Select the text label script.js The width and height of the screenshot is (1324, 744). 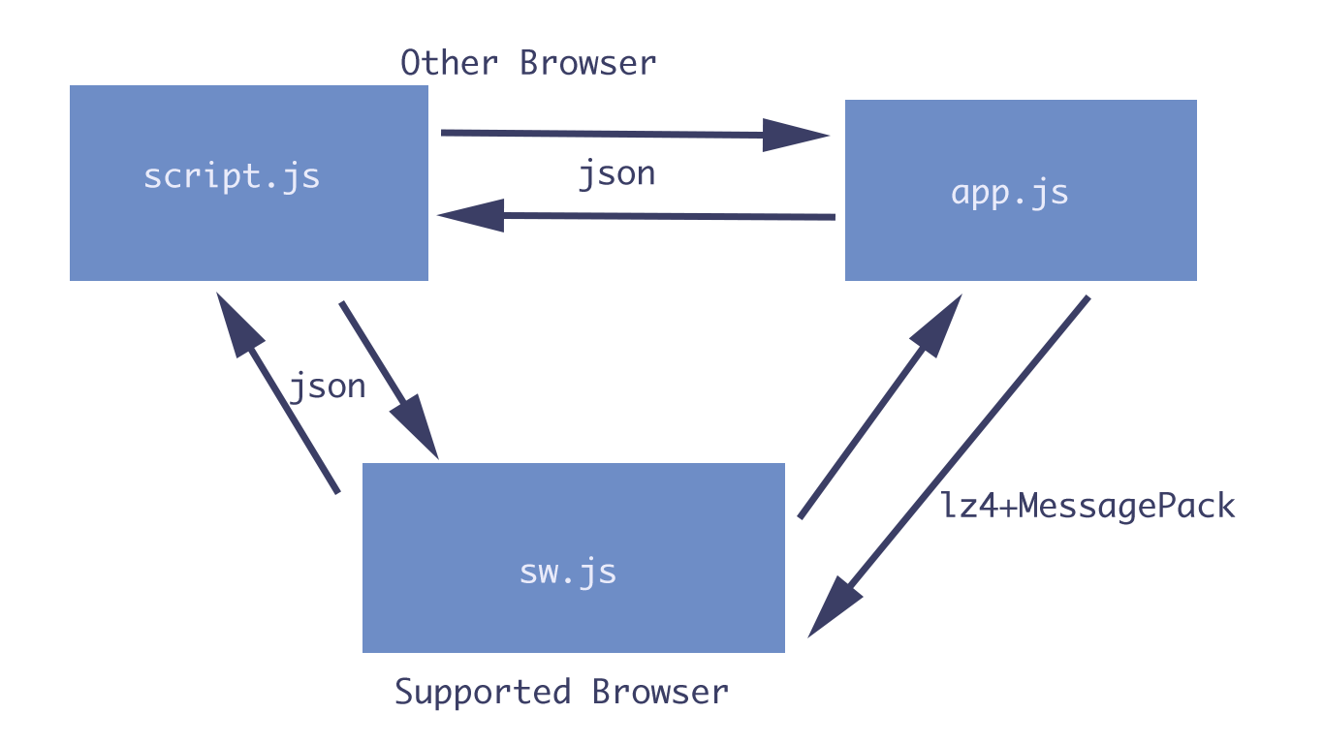(232, 176)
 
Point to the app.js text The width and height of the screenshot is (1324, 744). (1009, 193)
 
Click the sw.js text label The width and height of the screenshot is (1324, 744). (567, 572)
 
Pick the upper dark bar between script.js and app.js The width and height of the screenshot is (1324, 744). (635, 135)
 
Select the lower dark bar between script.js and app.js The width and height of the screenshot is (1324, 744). (636, 215)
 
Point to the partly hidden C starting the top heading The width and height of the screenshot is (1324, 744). (406, 63)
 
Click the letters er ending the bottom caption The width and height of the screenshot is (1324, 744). (716, 693)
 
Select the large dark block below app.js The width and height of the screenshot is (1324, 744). (944, 407)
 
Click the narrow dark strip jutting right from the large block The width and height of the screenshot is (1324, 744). (1162, 508)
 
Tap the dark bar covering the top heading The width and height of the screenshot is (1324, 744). (523, 62)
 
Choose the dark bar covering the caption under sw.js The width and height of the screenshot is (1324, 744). (550, 694)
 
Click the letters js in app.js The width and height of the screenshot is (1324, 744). (1051, 193)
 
